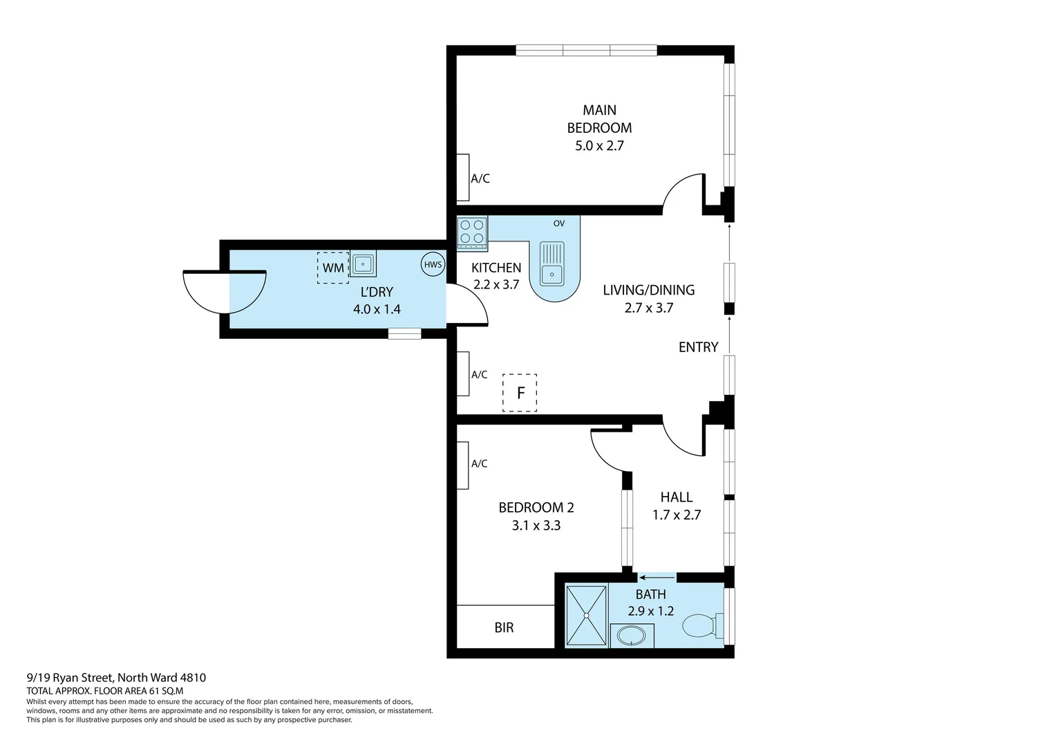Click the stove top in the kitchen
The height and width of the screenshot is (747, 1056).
click(x=472, y=232)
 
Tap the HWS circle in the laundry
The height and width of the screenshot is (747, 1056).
click(x=433, y=264)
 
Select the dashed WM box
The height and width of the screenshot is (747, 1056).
click(x=333, y=268)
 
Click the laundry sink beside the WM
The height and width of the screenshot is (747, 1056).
click(x=363, y=264)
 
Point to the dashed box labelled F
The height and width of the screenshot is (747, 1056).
click(x=520, y=393)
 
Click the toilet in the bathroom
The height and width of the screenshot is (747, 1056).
click(x=700, y=627)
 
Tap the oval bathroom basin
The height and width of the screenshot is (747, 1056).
click(x=631, y=636)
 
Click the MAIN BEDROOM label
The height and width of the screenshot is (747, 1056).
click(x=599, y=119)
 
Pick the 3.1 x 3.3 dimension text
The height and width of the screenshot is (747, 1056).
click(x=536, y=526)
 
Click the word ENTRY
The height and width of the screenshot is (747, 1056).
click(x=698, y=347)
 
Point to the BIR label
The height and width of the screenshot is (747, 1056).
click(x=504, y=628)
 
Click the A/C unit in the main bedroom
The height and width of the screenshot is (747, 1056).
click(x=463, y=177)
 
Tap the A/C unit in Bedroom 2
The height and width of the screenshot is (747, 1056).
click(x=462, y=464)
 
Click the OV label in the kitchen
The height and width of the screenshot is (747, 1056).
click(x=558, y=223)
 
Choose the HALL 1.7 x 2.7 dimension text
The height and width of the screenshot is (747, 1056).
click(x=677, y=515)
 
